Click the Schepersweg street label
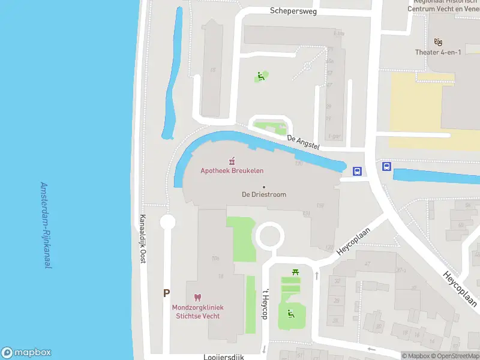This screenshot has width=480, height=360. coord(293,11)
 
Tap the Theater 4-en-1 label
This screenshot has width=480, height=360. coord(438,52)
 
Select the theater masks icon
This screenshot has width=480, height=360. coord(438,42)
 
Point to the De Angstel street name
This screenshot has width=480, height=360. coord(303,142)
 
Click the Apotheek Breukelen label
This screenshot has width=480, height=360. coord(232,171)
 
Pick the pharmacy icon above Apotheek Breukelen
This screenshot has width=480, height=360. coord(232,161)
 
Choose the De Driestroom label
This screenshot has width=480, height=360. coord(263,194)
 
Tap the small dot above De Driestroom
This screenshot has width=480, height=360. coord(263,187)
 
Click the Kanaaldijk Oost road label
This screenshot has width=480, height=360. coord(143,239)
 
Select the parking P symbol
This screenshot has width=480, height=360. coord(166,293)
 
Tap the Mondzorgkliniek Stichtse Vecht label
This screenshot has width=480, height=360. coord(196,311)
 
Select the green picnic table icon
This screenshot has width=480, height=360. coord(295,273)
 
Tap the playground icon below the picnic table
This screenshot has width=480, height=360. coord(290,313)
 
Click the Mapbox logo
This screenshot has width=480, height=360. coord(26,353)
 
